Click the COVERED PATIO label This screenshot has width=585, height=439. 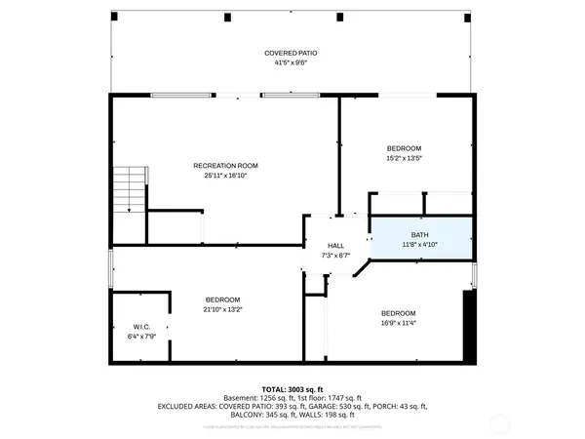pyautogui.click(x=292, y=53)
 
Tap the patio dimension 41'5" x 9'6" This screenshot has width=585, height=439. pyautogui.click(x=292, y=62)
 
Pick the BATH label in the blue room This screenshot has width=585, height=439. pyautogui.click(x=419, y=235)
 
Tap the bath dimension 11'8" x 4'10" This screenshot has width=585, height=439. pyautogui.click(x=419, y=245)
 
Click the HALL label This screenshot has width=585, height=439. pyautogui.click(x=335, y=246)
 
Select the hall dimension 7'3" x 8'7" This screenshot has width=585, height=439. pyautogui.click(x=335, y=256)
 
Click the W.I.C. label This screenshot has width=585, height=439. pyautogui.click(x=140, y=327)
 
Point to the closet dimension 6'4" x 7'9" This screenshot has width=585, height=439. pyautogui.click(x=140, y=337)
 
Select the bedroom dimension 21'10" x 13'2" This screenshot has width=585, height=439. pyautogui.click(x=222, y=309)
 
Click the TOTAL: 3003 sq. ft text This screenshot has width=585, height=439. pyautogui.click(x=292, y=388)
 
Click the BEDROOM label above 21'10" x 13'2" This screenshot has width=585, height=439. pyautogui.click(x=222, y=299)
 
